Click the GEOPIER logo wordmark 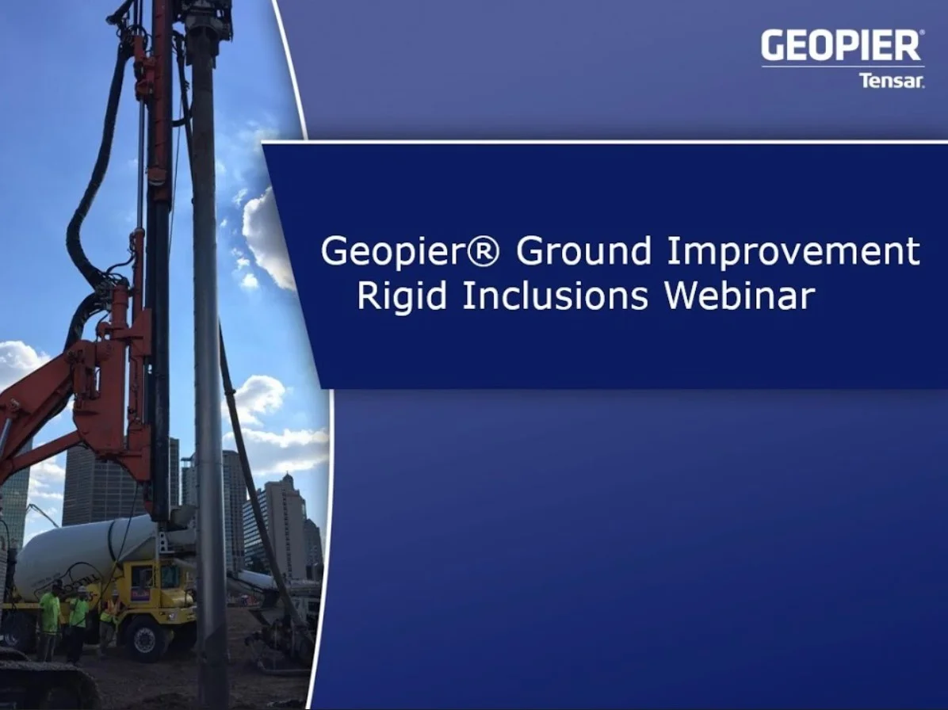[840, 47]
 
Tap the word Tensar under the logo [891, 80]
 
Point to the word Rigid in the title [402, 296]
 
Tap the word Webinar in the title [740, 296]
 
